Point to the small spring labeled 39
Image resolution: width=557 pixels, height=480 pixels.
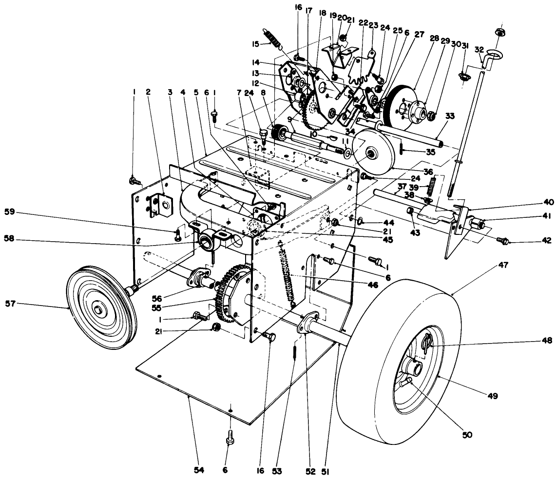click(x=431, y=187)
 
